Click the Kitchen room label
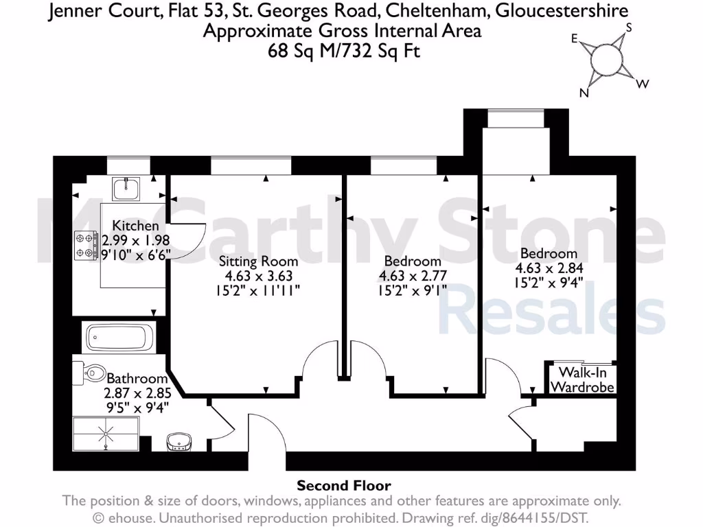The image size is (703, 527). coord(135,226)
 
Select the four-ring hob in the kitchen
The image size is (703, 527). coord(87,246)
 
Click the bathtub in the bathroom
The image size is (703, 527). coord(119,338)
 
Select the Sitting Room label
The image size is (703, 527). coord(258,261)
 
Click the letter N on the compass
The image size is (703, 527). coord(584,94)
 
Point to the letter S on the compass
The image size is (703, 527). coord(627,29)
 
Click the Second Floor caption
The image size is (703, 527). coord(343,487)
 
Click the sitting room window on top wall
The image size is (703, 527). coord(251,165)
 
